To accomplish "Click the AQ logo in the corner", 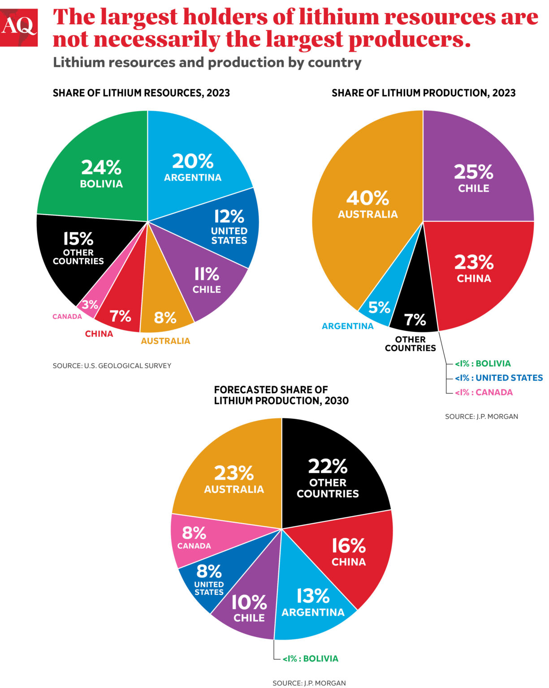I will (x=19, y=27).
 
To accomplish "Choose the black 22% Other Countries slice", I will (x=328, y=477).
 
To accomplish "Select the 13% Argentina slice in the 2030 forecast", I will (x=313, y=602).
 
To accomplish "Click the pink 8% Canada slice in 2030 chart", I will (x=194, y=537).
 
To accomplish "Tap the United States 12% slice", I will (x=229, y=226).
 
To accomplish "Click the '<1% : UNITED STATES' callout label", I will (x=498, y=378).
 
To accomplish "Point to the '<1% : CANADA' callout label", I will (x=484, y=392).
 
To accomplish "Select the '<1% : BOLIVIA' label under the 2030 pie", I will (x=310, y=658).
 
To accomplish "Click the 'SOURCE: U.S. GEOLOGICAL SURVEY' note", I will (x=112, y=365).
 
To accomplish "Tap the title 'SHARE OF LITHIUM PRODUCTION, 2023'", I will (x=424, y=93).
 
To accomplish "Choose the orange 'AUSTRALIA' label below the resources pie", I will (x=165, y=341).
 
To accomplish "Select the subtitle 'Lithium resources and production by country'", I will (x=207, y=62).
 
